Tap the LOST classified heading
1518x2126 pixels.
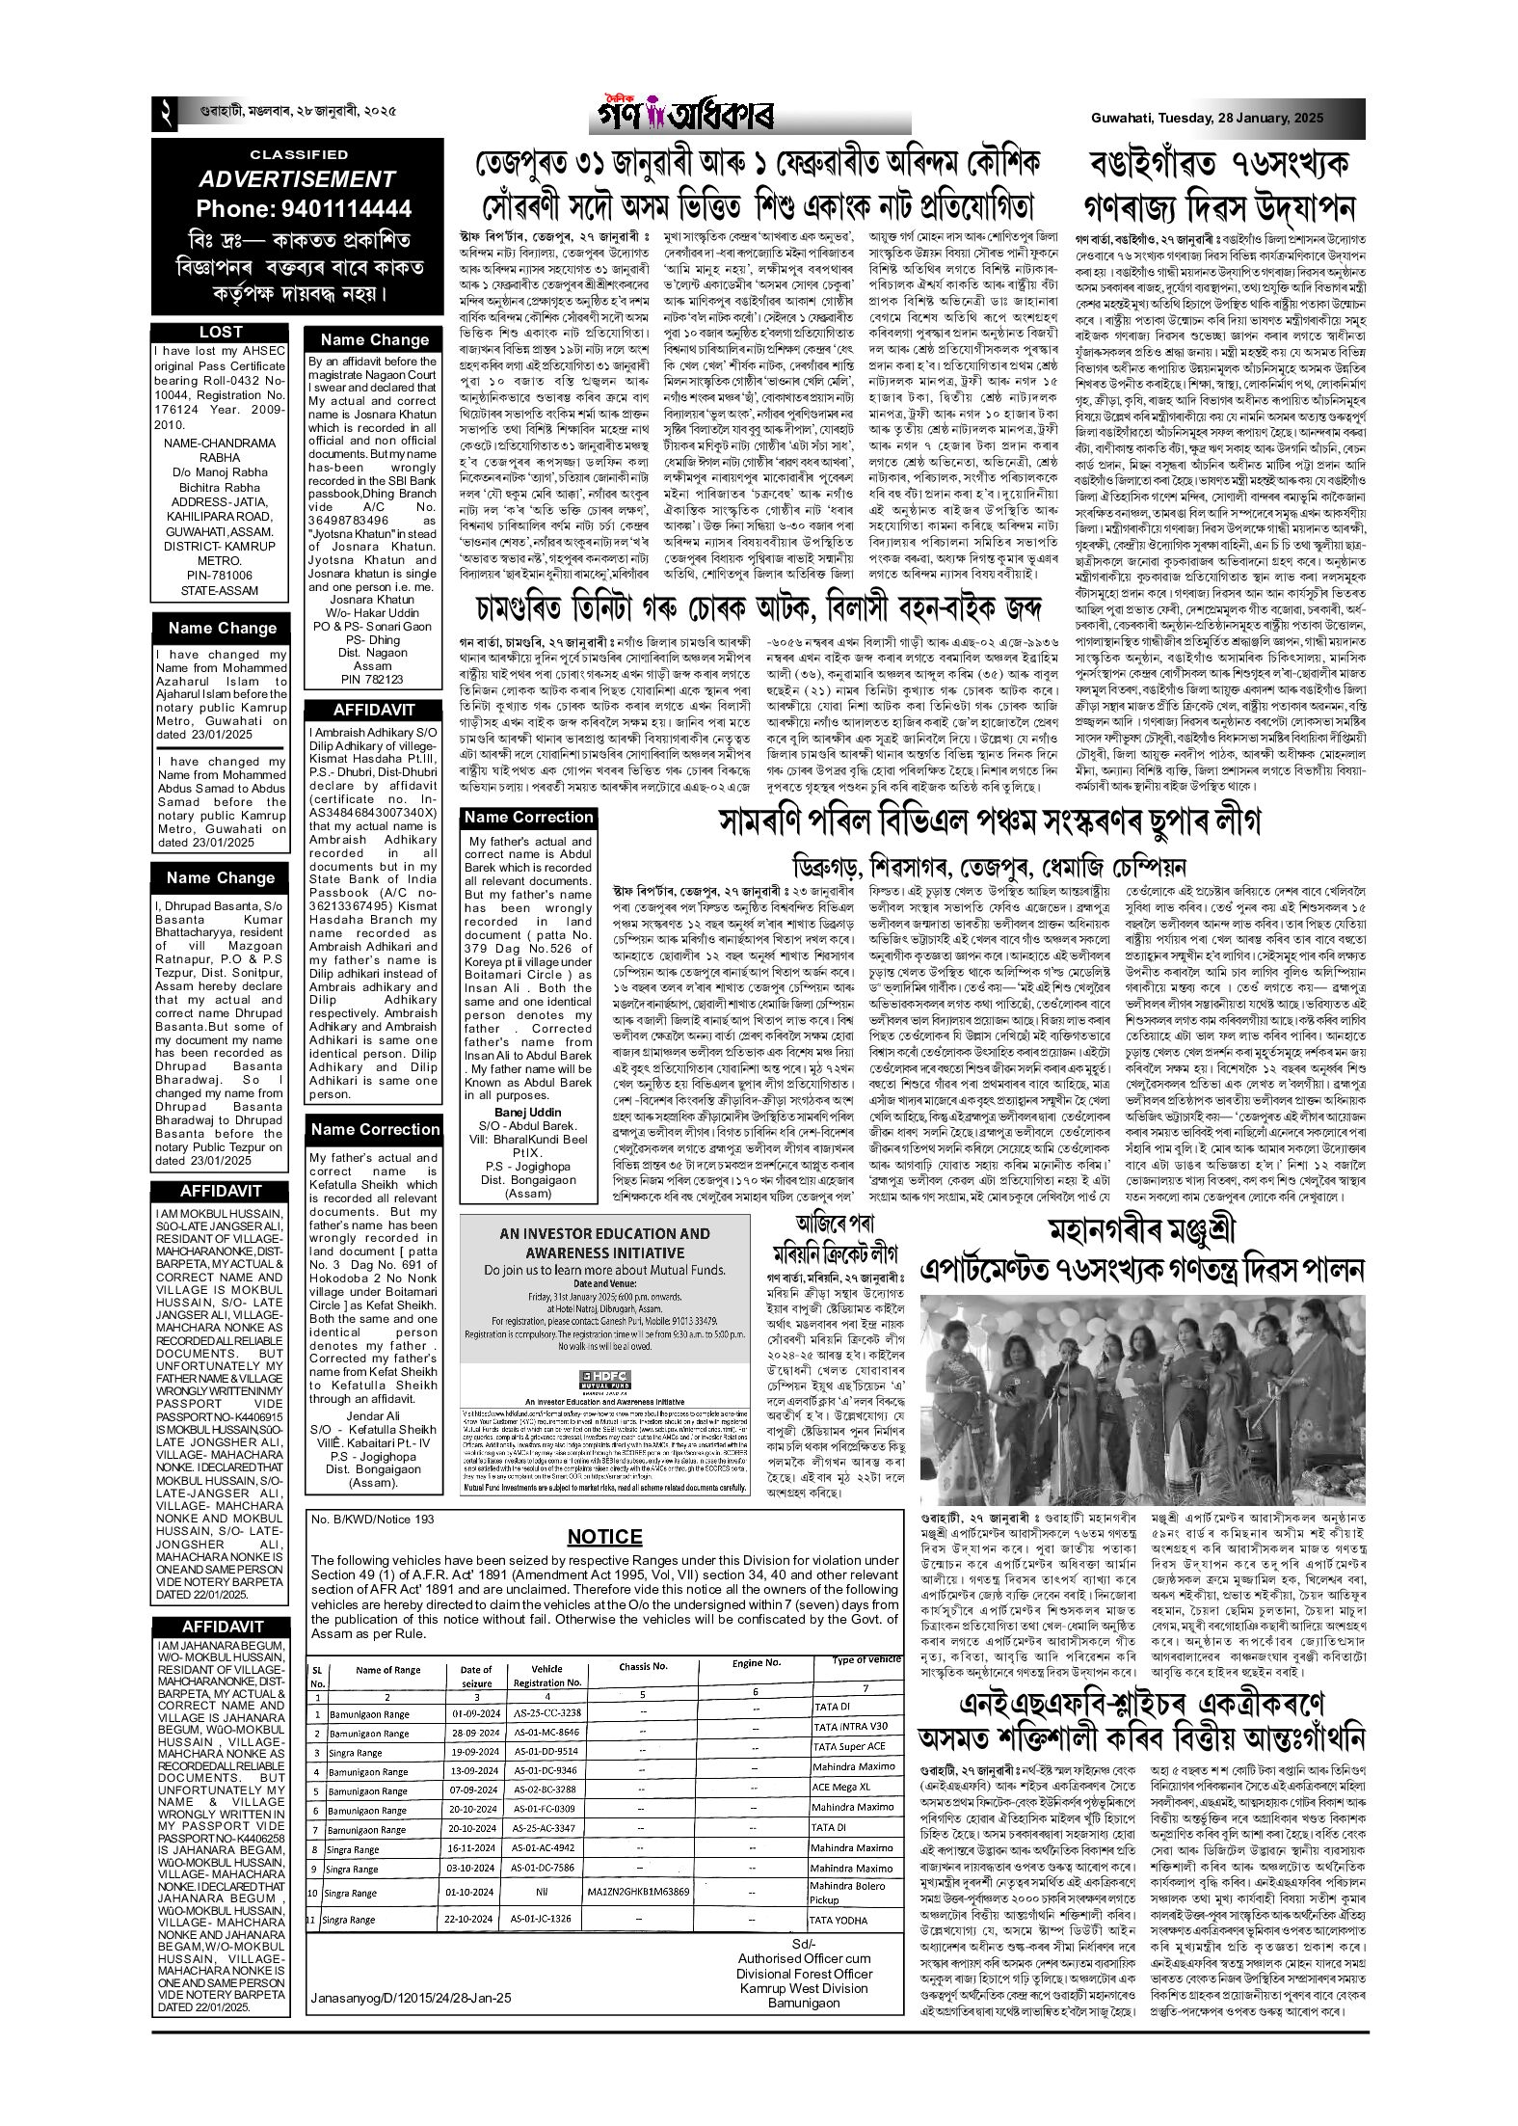click(221, 332)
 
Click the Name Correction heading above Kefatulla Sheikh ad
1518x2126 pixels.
click(374, 1129)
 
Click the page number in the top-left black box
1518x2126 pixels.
click(164, 117)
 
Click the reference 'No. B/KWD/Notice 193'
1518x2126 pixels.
click(373, 1520)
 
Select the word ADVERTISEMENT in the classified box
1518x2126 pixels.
click(297, 179)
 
